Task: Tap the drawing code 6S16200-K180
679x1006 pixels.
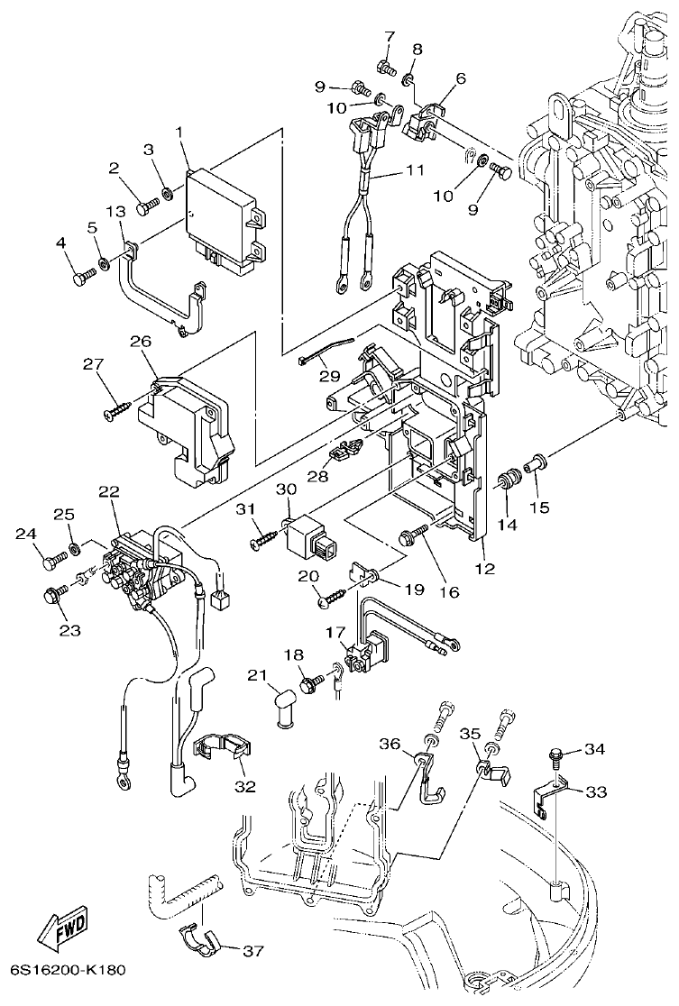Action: click(68, 971)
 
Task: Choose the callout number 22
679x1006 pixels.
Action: click(108, 491)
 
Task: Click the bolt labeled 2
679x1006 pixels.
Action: click(146, 206)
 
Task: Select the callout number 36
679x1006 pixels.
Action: click(390, 744)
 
